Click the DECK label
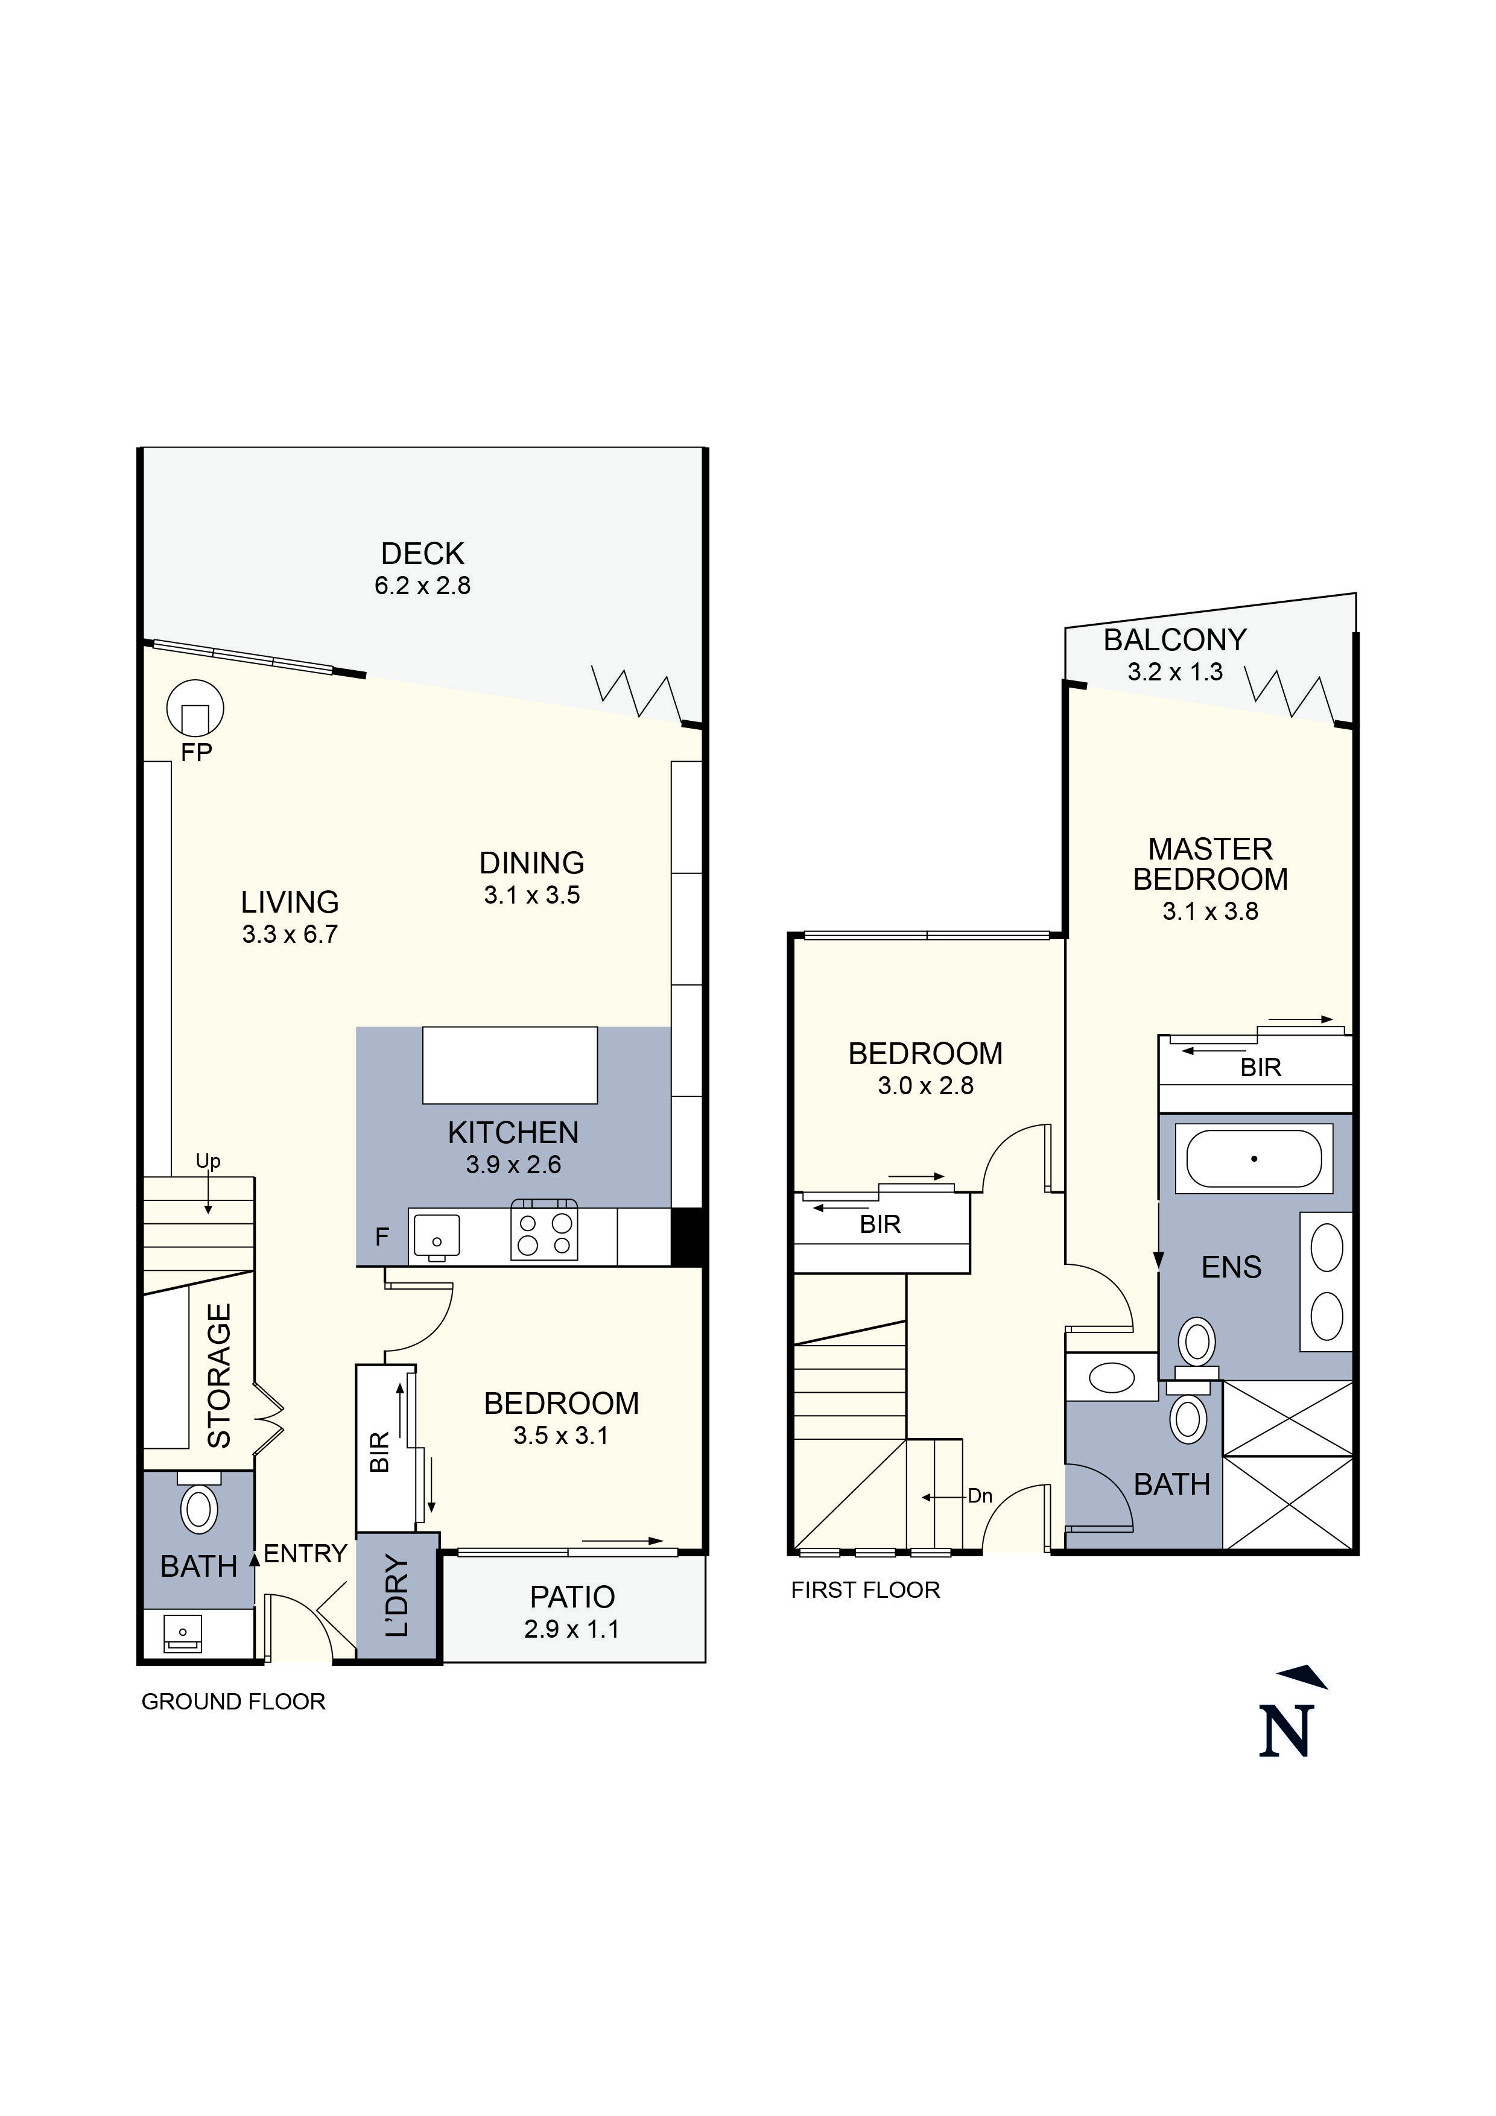point(422,553)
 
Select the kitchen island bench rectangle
point(510,1065)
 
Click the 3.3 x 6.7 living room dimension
point(290,934)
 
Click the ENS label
point(1231,1267)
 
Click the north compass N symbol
point(1287,1731)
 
